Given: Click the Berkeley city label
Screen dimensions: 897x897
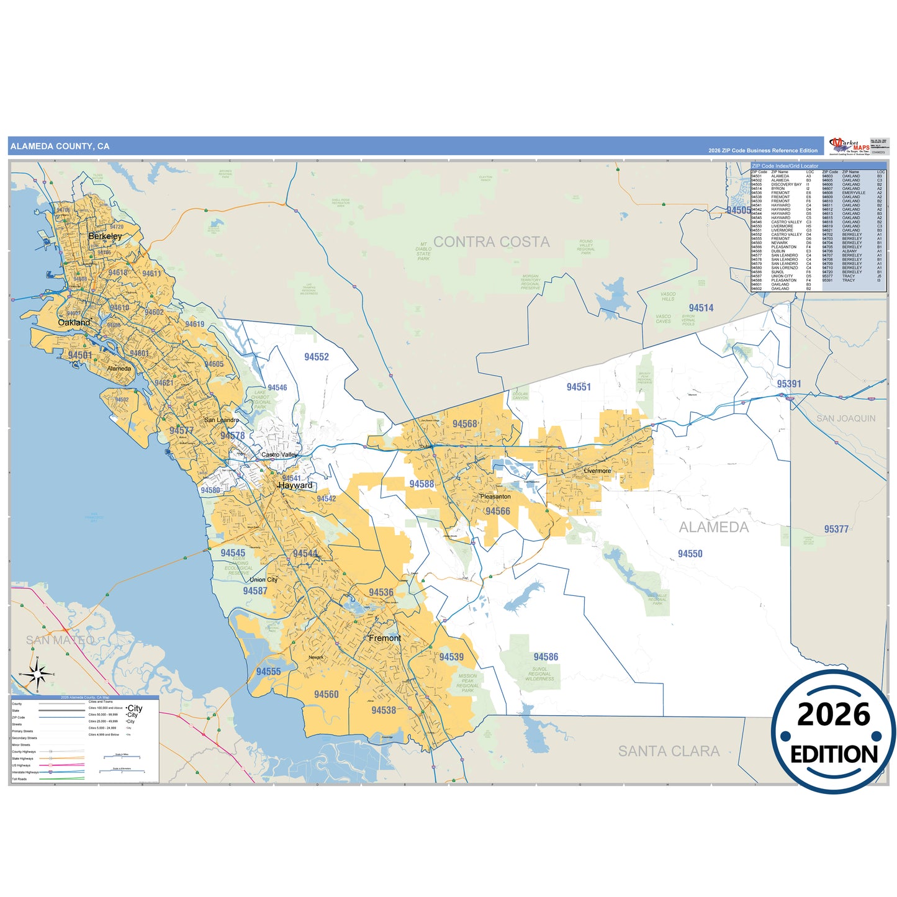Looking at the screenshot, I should click(x=105, y=237).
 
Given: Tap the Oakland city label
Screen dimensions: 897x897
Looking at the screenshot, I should click(x=74, y=323).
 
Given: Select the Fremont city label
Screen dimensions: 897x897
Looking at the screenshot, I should click(x=385, y=638).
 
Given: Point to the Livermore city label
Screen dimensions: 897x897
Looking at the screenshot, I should click(x=597, y=471).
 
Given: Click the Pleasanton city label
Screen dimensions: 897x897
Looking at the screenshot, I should click(x=495, y=497).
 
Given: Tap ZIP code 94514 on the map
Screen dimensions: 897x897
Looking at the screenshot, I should click(x=701, y=308).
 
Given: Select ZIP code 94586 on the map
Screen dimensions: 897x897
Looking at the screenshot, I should click(x=546, y=657).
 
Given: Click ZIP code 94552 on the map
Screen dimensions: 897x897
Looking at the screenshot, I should click(x=317, y=357).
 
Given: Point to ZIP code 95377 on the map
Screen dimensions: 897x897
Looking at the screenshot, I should click(x=836, y=529).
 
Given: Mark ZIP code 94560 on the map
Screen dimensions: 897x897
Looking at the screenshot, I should click(x=327, y=695).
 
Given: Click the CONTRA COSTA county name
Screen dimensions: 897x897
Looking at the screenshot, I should click(x=491, y=242).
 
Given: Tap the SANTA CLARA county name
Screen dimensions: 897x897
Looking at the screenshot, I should click(x=669, y=751).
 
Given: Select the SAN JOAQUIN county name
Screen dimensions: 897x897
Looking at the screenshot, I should click(x=845, y=418).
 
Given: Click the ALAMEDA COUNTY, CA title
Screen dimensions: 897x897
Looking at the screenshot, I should click(x=60, y=146).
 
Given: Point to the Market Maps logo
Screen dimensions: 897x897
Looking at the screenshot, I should click(x=850, y=146).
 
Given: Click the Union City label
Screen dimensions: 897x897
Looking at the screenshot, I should click(x=264, y=580).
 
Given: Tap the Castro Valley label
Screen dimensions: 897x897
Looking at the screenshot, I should click(x=279, y=455).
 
